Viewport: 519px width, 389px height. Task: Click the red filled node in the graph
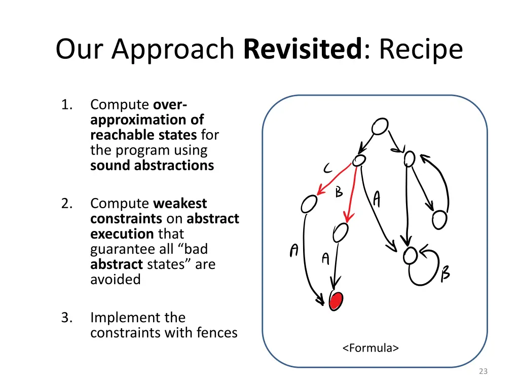[x=336, y=300]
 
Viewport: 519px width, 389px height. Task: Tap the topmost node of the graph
[x=380, y=126]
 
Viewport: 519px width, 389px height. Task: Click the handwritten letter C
[x=328, y=169]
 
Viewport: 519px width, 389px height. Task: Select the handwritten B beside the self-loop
[x=445, y=274]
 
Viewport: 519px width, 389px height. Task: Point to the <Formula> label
[x=370, y=348]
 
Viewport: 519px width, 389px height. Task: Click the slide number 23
[x=483, y=371]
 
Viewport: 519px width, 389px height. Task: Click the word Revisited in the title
[x=303, y=50]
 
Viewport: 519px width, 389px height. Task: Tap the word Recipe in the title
[x=421, y=50]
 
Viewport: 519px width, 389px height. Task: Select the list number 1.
[x=66, y=105]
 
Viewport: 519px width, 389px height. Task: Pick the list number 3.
[x=66, y=318]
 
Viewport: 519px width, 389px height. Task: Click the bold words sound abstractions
[x=152, y=166]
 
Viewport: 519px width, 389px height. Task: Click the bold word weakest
[x=180, y=204]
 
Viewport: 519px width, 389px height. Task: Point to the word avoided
[x=116, y=280]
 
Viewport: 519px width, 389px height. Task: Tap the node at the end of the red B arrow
[x=341, y=232]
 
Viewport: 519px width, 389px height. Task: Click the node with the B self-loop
[x=410, y=256]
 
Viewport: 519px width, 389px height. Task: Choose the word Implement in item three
[x=119, y=318]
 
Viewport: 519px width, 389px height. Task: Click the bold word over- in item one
[x=170, y=105]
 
